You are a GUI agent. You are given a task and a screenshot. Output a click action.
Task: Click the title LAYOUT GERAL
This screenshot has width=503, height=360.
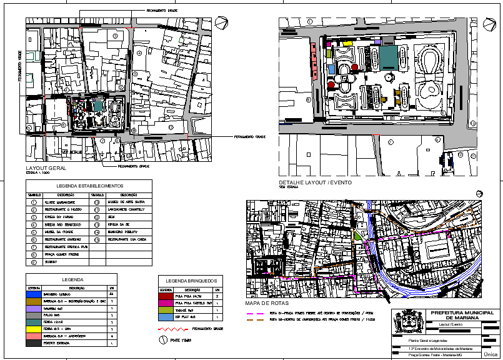tap(46, 169)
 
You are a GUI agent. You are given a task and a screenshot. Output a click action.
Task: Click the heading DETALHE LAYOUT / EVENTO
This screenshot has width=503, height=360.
tap(315, 182)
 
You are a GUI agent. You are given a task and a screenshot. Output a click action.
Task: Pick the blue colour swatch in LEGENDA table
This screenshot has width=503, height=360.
tap(33, 294)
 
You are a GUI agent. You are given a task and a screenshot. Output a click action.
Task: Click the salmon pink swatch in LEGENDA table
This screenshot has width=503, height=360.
tap(33, 336)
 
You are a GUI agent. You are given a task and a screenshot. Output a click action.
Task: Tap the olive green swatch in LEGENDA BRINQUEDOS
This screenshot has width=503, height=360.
tap(166, 310)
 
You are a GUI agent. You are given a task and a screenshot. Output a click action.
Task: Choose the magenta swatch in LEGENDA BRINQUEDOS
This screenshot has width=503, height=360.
tap(166, 303)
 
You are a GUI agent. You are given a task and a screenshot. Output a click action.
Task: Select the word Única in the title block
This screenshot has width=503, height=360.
tap(491, 354)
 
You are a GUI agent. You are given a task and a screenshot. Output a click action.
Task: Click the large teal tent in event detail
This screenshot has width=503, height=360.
tap(388, 58)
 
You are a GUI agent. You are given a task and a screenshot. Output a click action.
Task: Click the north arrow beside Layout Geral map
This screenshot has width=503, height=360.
tap(219, 23)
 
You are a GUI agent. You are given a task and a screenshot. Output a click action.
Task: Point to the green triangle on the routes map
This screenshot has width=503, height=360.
tap(357, 236)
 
